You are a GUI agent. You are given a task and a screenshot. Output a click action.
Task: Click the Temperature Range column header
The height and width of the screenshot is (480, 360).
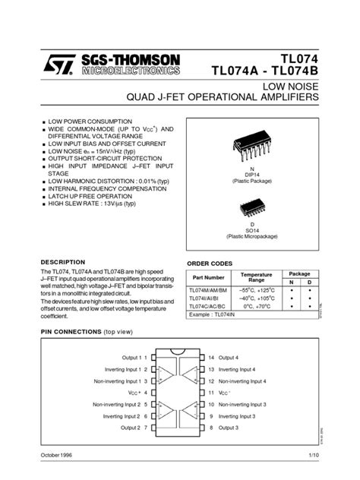[x=256, y=278]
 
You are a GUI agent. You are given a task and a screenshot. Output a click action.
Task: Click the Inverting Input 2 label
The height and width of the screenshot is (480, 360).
[x=120, y=416]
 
